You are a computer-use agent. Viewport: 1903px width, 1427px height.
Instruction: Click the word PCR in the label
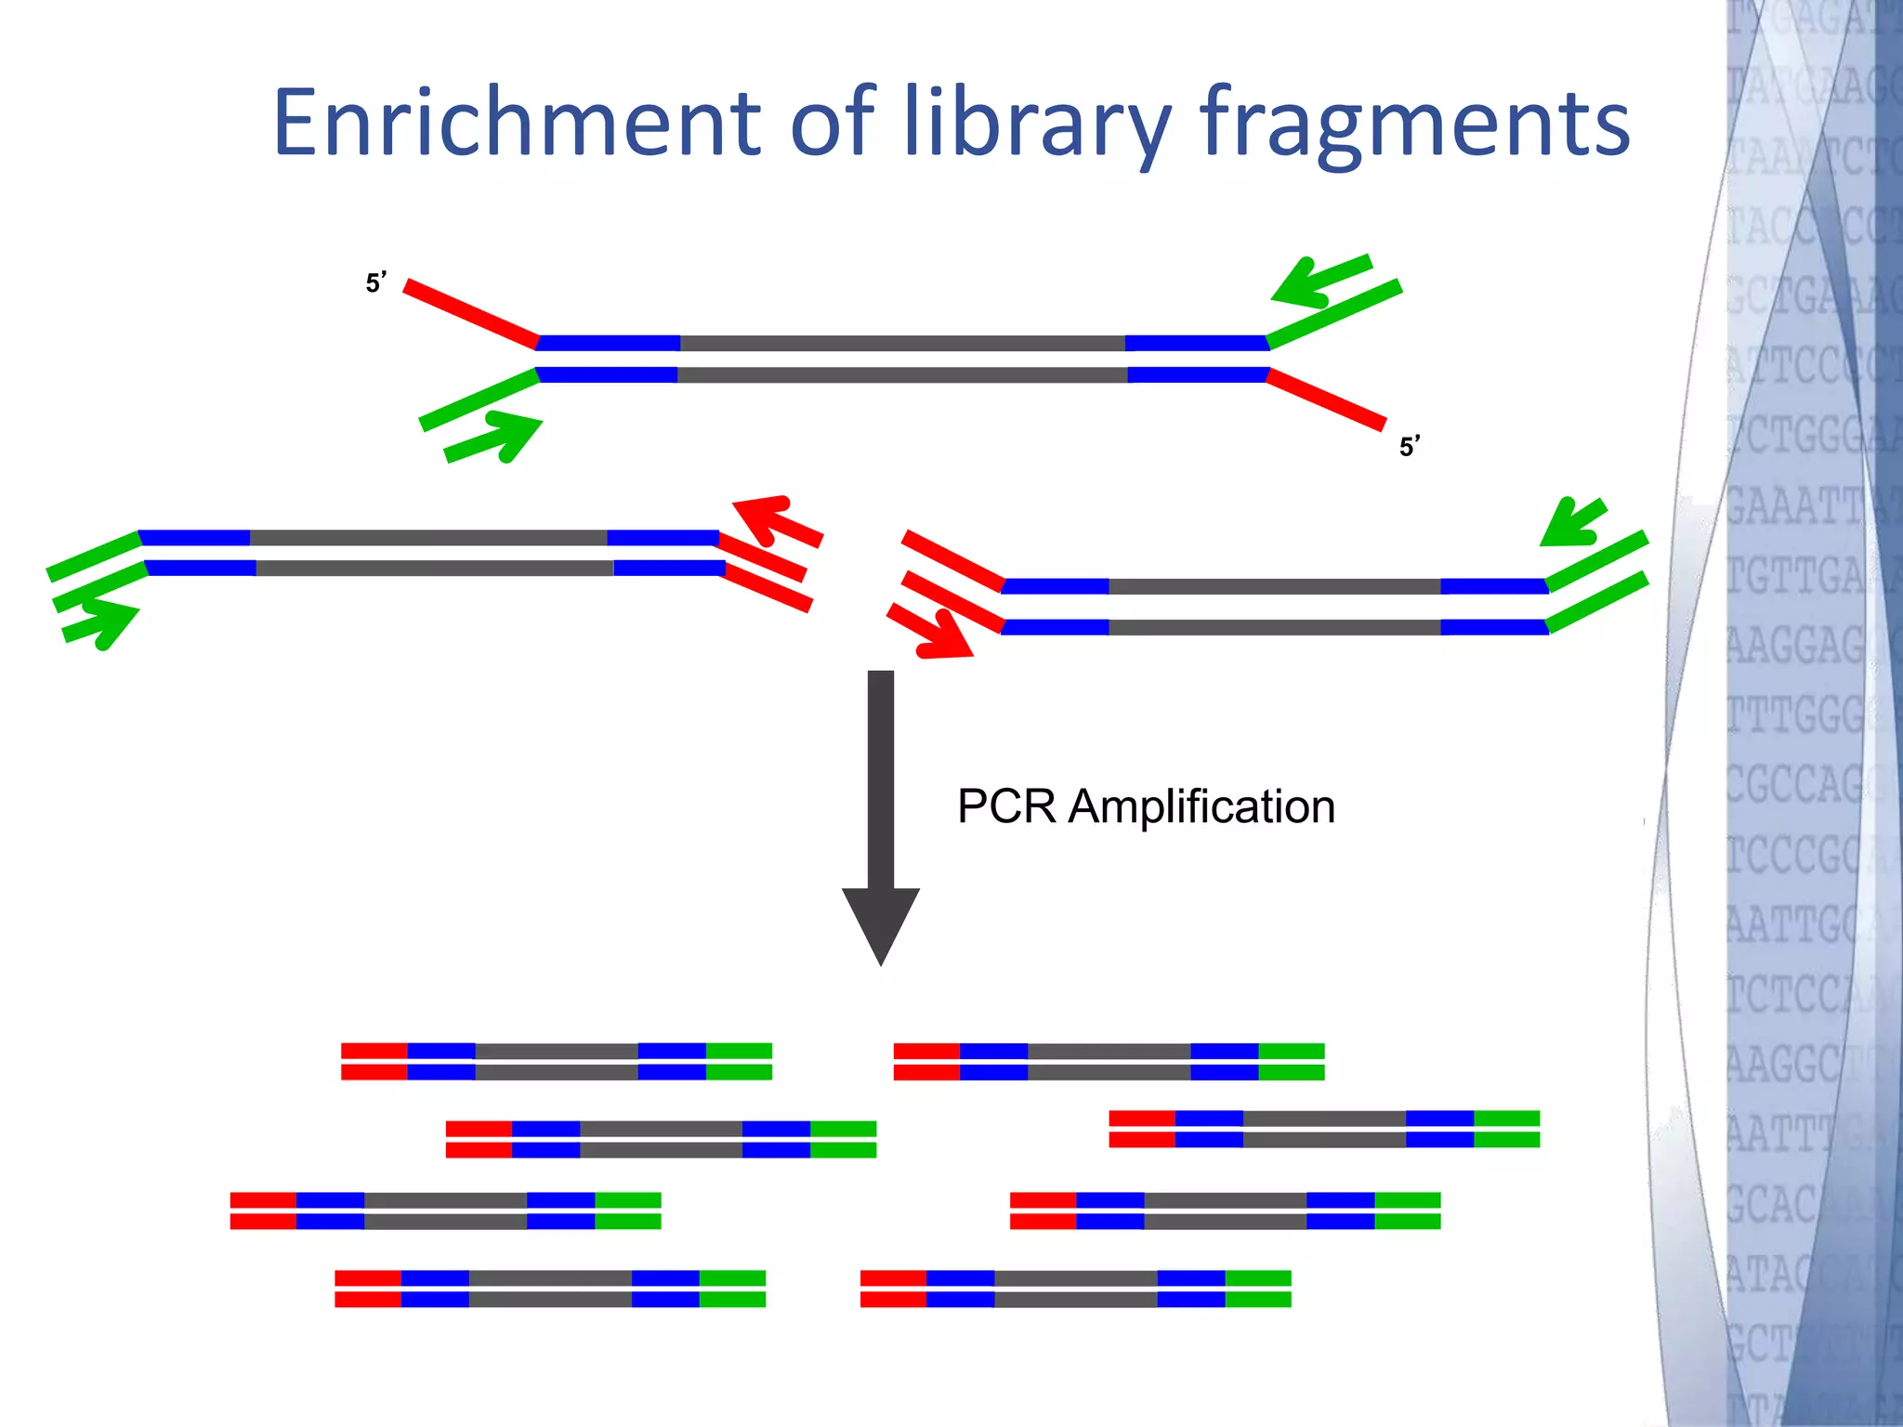point(1006,806)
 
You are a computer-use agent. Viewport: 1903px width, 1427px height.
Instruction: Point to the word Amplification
point(1201,806)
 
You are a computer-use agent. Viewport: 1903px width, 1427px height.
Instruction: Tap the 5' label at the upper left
point(375,282)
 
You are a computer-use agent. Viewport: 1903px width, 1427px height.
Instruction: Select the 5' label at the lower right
point(1409,447)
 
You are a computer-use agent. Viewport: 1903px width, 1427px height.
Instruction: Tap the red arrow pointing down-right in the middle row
point(931,633)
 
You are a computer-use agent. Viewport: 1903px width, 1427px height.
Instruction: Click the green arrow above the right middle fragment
point(1572,523)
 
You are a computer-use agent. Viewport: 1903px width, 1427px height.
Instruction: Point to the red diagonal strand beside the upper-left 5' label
point(470,313)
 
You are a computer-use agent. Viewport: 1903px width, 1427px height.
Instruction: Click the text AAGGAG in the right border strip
point(1795,645)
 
